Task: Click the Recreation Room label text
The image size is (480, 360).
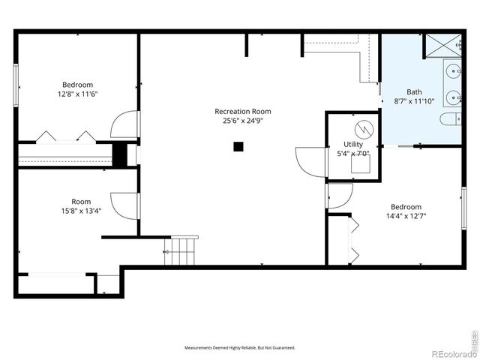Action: [x=242, y=111]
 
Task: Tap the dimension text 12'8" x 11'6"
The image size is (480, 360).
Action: [x=78, y=94]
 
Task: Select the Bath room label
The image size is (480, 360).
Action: [x=414, y=91]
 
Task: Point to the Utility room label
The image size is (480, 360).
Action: [x=353, y=144]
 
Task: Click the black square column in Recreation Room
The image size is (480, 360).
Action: [x=238, y=147]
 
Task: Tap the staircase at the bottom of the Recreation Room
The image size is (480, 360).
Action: [x=183, y=250]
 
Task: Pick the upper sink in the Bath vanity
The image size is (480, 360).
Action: [x=454, y=71]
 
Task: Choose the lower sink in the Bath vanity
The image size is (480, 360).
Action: [x=454, y=97]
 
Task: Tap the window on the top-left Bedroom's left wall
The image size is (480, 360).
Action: [x=16, y=85]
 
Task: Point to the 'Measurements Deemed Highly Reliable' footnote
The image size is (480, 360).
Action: [x=240, y=348]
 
